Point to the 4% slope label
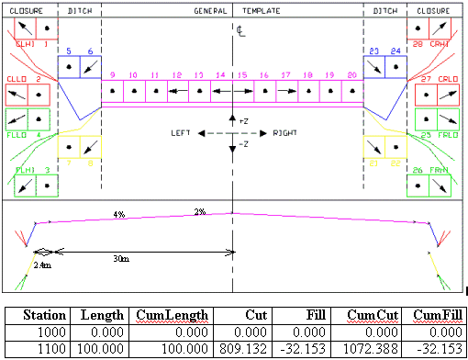click(x=118, y=214)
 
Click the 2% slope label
click(x=199, y=211)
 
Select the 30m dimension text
click(x=120, y=259)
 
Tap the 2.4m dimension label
click(x=42, y=264)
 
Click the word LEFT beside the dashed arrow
click(x=181, y=133)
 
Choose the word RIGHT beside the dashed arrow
click(x=284, y=133)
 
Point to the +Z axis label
click(x=242, y=121)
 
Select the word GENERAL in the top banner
click(x=210, y=10)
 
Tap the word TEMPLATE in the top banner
click(x=261, y=10)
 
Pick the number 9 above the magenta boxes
click(x=112, y=73)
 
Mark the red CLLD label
click(x=17, y=79)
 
